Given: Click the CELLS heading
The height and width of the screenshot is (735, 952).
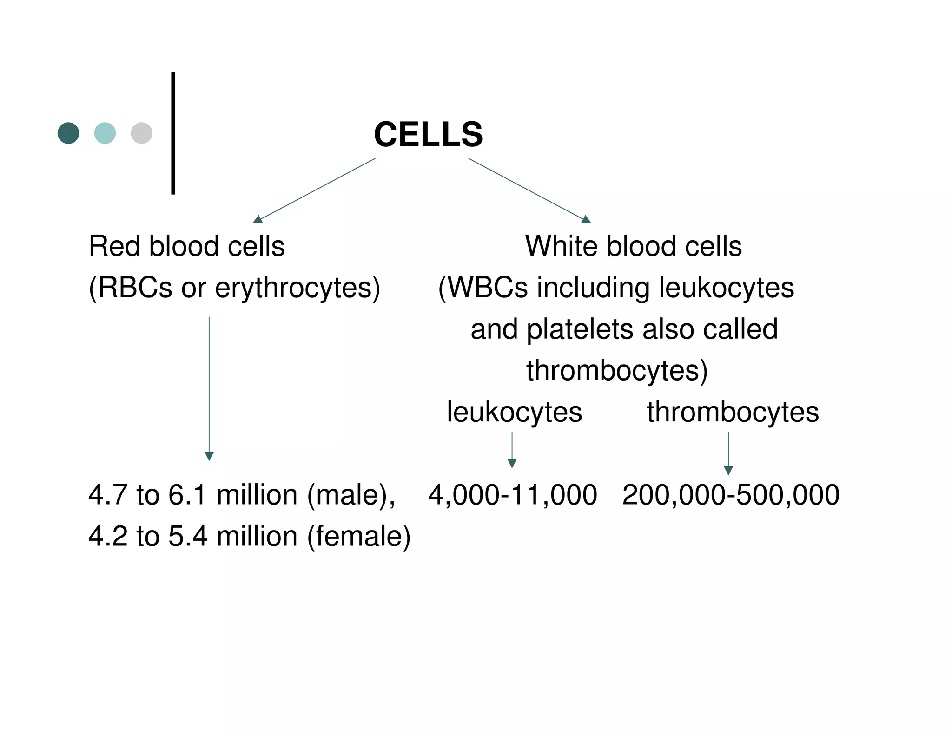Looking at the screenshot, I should tap(428, 135).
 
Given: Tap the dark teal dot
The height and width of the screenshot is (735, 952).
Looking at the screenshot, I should tap(68, 133).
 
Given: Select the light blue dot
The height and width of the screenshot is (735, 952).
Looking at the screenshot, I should tap(105, 133).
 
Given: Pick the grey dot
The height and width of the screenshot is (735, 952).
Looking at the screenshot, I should tap(142, 133).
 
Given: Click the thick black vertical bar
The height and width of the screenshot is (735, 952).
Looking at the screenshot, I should tap(173, 133).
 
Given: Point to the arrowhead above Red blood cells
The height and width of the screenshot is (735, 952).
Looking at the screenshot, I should tap(258, 220).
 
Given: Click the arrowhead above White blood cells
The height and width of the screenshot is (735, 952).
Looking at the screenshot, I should tap(586, 220).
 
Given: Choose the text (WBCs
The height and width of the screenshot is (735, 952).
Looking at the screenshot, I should tap(483, 288).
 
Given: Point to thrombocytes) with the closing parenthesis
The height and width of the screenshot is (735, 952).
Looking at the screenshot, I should tap(617, 371).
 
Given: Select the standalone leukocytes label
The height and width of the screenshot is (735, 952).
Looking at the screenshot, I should tap(514, 412).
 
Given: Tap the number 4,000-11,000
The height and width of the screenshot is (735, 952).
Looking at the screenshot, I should tap(512, 495).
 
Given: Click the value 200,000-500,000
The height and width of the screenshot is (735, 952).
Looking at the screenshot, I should tap(731, 495).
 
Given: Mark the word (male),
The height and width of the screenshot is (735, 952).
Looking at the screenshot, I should tap(351, 495).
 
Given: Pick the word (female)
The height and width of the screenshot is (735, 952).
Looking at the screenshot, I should tap(359, 536).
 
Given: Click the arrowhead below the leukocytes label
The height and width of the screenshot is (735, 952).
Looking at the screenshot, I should tap(512, 463).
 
